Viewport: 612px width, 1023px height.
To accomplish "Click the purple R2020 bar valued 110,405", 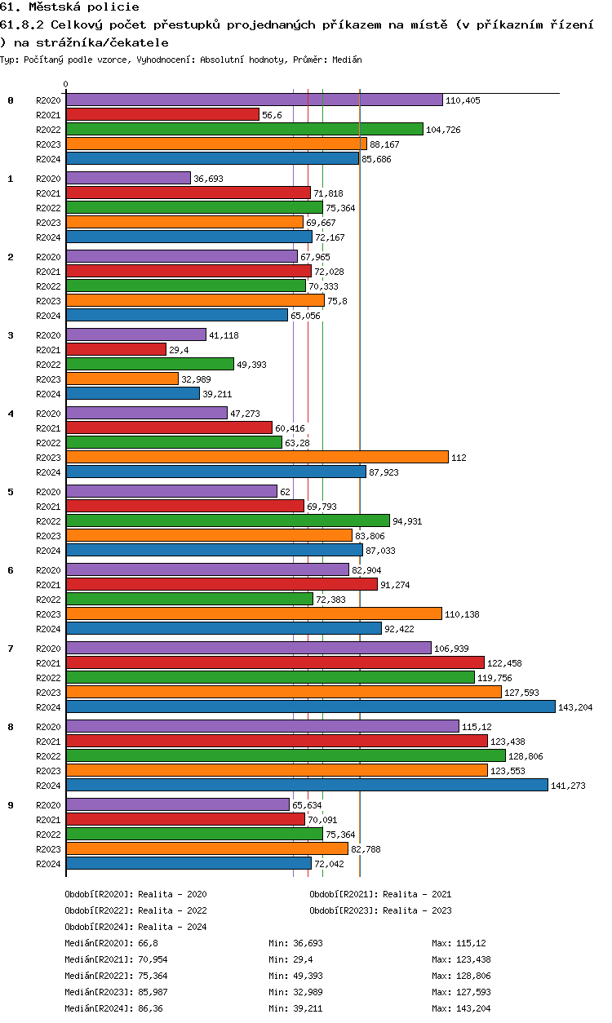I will (254, 100).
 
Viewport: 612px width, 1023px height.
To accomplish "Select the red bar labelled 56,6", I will (162, 115).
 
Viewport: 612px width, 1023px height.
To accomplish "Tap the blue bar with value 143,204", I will (310, 706).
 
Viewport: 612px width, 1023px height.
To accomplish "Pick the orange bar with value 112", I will (257, 457).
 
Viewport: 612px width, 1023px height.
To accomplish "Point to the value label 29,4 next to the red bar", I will (179, 350).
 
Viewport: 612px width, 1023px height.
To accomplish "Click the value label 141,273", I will (568, 786).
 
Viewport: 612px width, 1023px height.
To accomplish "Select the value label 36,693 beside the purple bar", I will (208, 179).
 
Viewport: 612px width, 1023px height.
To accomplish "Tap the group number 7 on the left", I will (11, 648).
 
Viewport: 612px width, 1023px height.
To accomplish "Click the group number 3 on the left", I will (11, 334).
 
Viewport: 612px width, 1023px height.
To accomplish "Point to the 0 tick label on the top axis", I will (66, 84).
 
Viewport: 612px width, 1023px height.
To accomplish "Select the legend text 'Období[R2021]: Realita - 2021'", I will (380, 894).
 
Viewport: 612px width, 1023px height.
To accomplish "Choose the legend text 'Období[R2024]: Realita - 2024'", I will (135, 927).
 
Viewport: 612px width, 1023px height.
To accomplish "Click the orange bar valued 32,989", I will (122, 379).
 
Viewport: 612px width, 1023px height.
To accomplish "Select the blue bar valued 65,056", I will (177, 315).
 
